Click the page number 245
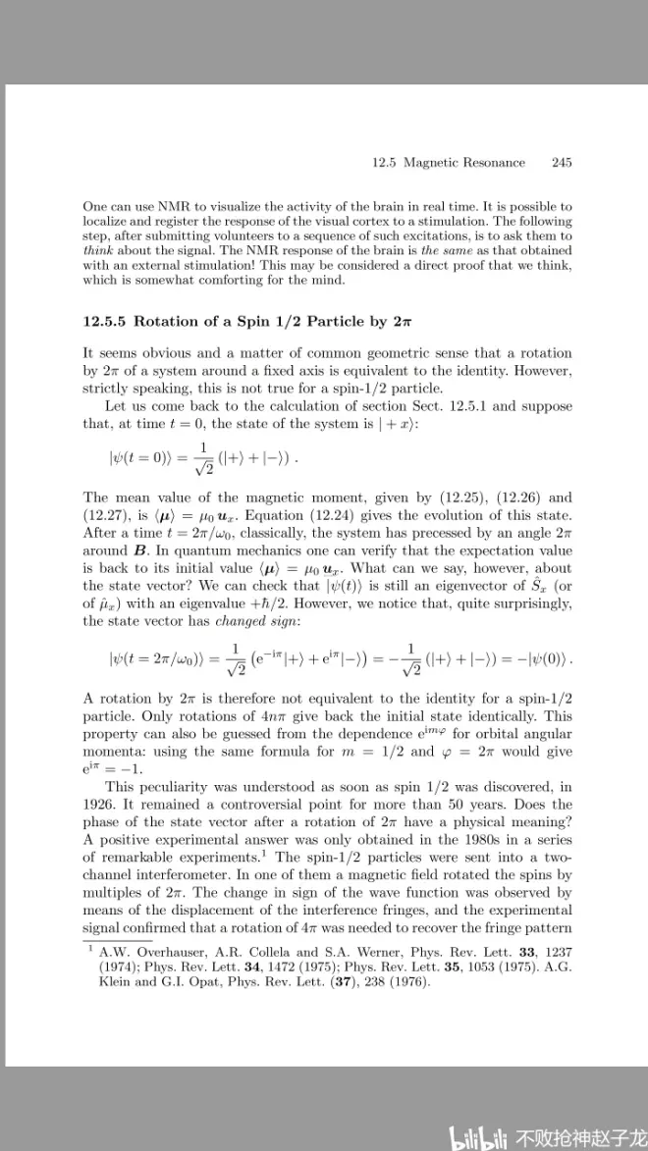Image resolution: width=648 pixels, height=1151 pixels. point(562,163)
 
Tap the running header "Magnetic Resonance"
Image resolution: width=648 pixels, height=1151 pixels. point(464,163)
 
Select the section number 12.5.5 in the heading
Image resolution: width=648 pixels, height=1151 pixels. point(105,322)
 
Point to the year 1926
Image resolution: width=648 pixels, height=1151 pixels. point(104,802)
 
